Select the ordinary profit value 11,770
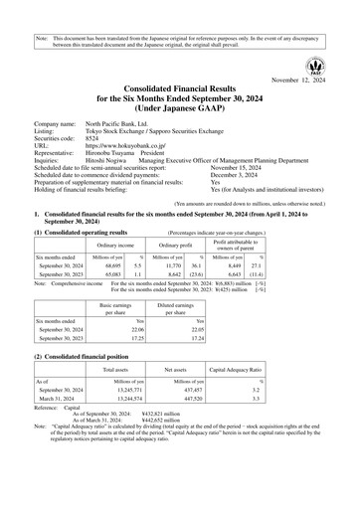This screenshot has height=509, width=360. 167,265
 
